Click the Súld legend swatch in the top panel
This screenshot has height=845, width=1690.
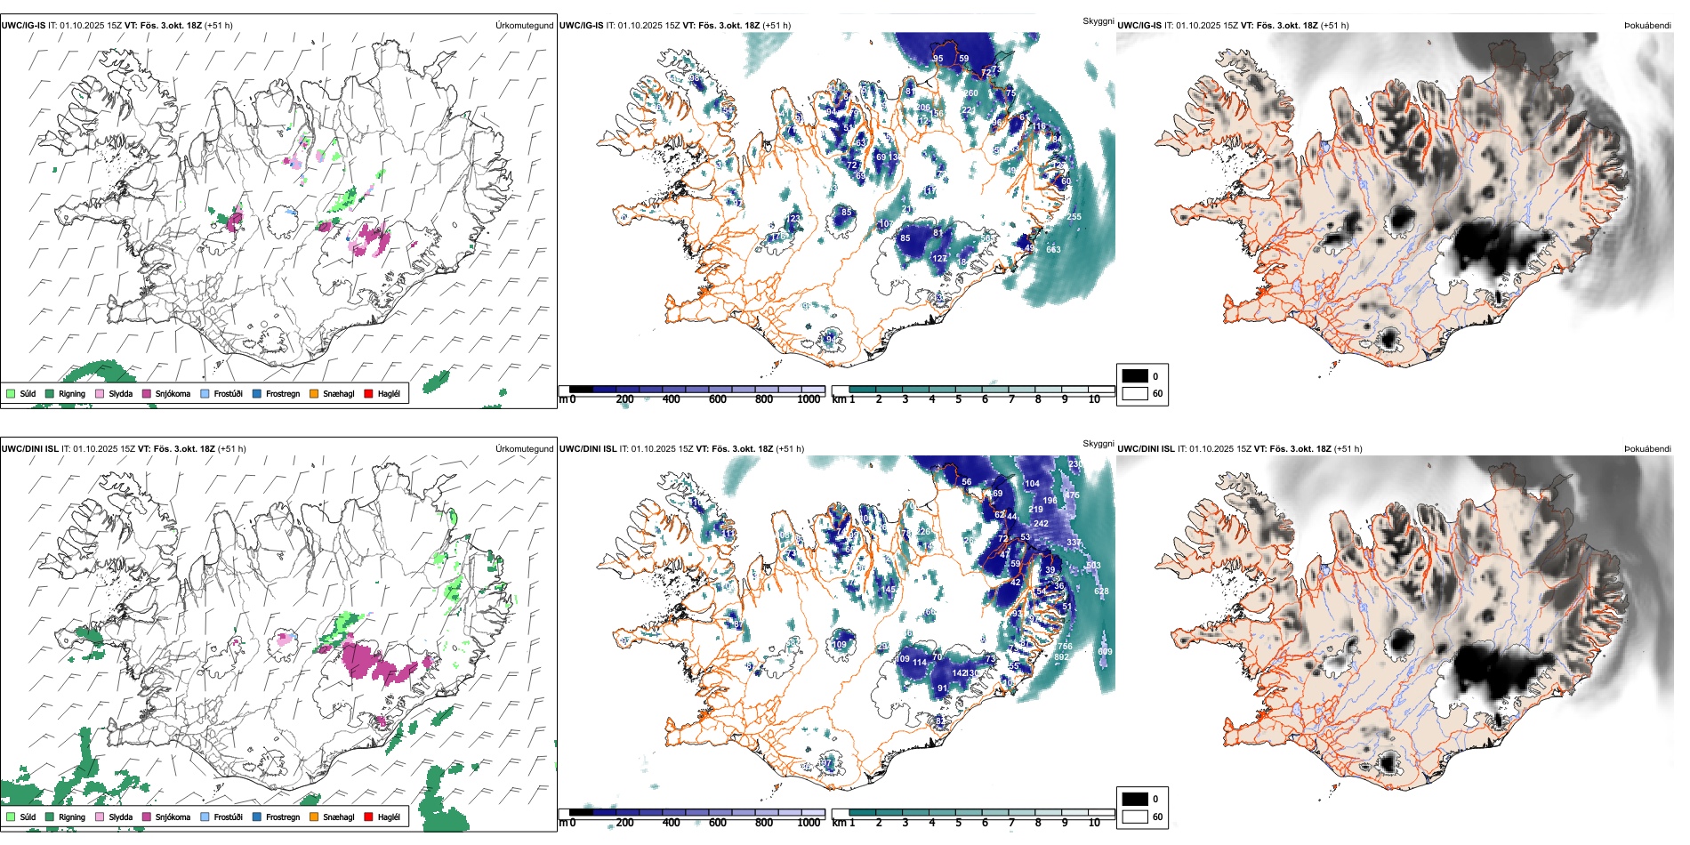(x=11, y=393)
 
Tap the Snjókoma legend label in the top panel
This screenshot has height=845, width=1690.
(x=173, y=393)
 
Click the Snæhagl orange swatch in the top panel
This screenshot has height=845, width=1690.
(x=314, y=393)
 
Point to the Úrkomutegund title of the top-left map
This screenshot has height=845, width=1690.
(x=524, y=25)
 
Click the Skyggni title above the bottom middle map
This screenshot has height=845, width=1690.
(x=1098, y=443)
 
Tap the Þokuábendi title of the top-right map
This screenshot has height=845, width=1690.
(x=1647, y=25)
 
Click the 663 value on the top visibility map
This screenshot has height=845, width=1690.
(x=1053, y=249)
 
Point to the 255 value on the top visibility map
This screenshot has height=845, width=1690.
(x=1074, y=216)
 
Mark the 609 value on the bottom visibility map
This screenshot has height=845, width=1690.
(x=1105, y=651)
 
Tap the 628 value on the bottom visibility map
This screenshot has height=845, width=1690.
(x=1101, y=591)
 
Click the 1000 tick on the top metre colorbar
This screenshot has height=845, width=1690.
(x=809, y=399)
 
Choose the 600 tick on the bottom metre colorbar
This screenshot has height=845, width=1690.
(x=718, y=823)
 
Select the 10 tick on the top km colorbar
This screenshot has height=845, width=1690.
(x=1094, y=399)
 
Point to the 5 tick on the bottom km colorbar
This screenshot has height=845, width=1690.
(x=958, y=823)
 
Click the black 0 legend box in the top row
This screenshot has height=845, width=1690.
(x=1135, y=375)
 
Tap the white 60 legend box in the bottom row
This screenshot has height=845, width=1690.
(x=1135, y=816)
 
